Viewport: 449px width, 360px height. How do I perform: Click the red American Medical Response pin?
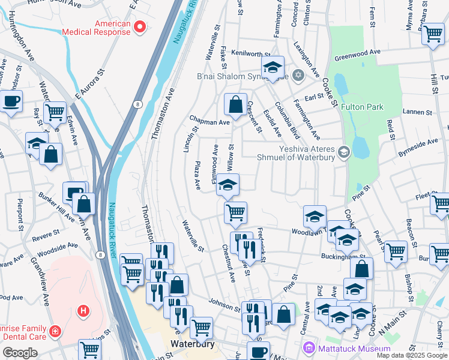point(140,26)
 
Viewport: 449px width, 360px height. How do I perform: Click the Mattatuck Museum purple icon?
point(309,347)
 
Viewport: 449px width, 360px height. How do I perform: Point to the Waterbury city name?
point(190,344)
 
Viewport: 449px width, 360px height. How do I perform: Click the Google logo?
point(20,353)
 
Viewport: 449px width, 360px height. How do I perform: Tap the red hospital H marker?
point(84,311)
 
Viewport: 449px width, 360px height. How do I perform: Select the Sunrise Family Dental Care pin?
point(55,331)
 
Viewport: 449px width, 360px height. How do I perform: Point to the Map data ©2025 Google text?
point(412,355)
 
